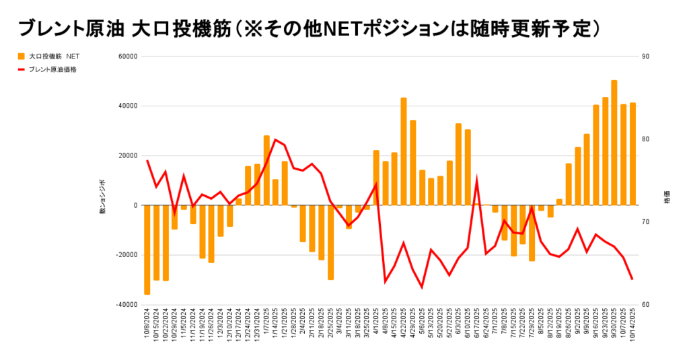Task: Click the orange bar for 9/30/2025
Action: click(x=614, y=143)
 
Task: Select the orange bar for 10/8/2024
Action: click(x=147, y=250)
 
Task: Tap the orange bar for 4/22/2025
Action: click(x=404, y=151)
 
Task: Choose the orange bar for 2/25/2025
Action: click(x=330, y=242)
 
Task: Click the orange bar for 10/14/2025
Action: click(x=632, y=154)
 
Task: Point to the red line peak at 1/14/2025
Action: click(x=275, y=139)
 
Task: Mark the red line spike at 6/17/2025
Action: click(x=477, y=180)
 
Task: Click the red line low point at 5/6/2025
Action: click(x=422, y=287)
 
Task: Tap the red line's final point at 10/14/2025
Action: click(x=632, y=279)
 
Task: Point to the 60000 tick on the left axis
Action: click(x=129, y=56)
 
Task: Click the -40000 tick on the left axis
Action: click(x=126, y=304)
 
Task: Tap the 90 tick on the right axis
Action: click(x=645, y=56)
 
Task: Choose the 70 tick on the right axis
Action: click(x=645, y=222)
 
